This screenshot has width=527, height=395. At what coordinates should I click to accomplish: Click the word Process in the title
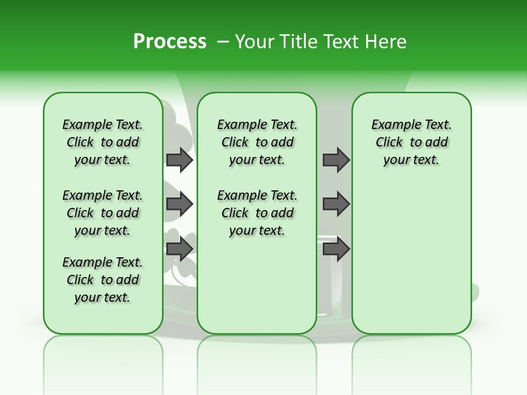[170, 41]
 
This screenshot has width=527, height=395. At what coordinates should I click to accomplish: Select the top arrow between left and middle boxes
[180, 160]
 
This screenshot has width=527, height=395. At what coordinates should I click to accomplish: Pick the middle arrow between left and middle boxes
[180, 204]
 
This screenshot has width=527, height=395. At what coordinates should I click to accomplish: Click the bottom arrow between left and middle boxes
[180, 249]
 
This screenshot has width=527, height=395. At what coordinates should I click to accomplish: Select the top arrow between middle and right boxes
[336, 160]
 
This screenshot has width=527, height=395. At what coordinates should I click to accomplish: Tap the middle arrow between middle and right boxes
[336, 204]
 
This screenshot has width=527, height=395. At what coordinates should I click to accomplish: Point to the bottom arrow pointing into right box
[336, 249]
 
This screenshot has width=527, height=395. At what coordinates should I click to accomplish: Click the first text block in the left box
[103, 142]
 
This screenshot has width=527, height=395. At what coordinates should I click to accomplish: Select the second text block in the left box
[103, 213]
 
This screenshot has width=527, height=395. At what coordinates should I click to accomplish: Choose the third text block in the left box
[103, 280]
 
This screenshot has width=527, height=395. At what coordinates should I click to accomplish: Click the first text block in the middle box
[257, 142]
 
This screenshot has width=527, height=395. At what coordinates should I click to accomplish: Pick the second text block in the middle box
[257, 213]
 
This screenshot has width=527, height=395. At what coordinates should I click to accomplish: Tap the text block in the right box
[411, 142]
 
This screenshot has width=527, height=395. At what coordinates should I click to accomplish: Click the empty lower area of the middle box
[257, 285]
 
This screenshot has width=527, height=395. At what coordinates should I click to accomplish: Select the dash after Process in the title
[223, 42]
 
